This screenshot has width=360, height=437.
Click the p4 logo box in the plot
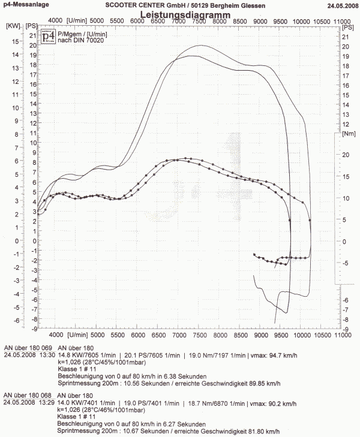coord(49,37)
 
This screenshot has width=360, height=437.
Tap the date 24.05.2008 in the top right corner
coord(342,5)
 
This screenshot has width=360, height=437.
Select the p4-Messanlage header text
coord(25,5)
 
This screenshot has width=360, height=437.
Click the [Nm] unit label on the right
coord(348,134)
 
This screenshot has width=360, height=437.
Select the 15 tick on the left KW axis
coord(16,42)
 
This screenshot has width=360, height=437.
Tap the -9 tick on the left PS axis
coord(35,328)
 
